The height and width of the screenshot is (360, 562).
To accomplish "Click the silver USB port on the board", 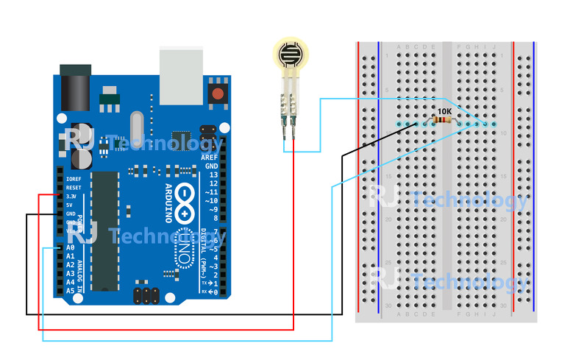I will click(x=181, y=76).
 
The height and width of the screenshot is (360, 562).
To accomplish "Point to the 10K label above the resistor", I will click(x=444, y=112).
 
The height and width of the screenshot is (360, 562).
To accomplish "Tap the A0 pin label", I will click(x=71, y=248).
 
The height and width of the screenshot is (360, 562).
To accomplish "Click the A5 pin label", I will click(x=71, y=291).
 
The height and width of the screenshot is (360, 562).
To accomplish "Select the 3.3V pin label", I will click(x=71, y=197).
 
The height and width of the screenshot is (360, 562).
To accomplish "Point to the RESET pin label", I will click(x=73, y=188).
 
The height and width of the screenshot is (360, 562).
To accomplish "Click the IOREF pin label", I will click(x=74, y=179).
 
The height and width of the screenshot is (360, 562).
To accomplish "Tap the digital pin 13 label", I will click(x=213, y=174).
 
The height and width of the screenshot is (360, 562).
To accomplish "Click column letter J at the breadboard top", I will click(x=494, y=47).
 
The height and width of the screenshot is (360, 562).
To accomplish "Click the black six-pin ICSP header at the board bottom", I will click(x=147, y=295).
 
